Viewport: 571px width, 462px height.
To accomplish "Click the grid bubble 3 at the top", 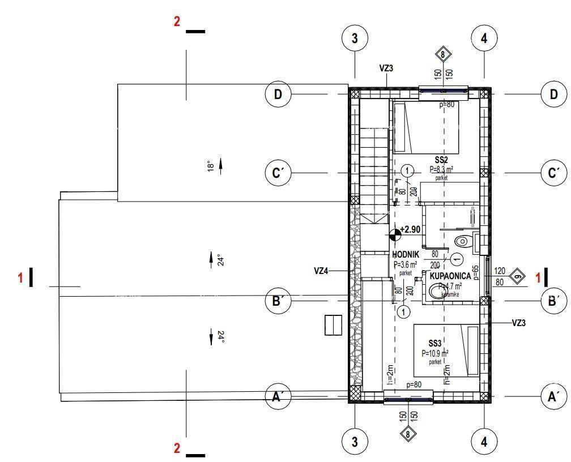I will (355, 38).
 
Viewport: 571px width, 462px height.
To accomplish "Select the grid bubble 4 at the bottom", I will (484, 442).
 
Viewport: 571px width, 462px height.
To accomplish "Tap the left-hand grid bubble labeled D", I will (278, 94).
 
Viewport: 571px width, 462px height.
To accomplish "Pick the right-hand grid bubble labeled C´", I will (553, 173).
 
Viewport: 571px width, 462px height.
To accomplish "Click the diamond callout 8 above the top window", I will (443, 55).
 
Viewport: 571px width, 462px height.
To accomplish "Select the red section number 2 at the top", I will (177, 22).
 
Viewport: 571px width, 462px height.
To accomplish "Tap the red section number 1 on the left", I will (21, 277).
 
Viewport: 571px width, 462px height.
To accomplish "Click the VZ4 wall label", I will (321, 271).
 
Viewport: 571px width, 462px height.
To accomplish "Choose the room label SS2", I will (441, 161).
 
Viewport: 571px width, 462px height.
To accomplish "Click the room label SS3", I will (434, 344).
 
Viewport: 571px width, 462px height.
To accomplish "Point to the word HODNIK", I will (406, 255).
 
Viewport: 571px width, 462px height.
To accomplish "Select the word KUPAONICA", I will (450, 276).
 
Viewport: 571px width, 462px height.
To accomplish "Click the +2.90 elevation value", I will (410, 230).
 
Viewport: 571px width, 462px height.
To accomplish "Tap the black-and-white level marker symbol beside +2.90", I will (395, 232).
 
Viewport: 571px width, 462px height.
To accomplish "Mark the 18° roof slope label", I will (210, 166).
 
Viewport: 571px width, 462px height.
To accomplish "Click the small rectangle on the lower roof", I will (333, 325).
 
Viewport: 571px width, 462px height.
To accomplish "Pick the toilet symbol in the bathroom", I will (462, 241).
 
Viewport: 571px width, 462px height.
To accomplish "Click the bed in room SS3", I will (447, 350).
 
